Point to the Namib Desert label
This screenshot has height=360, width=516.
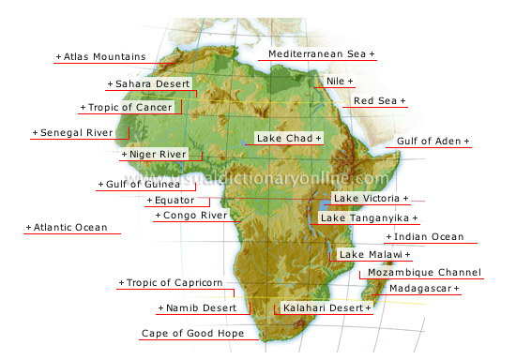pos(196,307)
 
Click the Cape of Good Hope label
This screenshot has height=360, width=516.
pos(192,334)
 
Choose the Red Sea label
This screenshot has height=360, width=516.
pos(379,100)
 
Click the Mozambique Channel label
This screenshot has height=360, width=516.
pos(424,273)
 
